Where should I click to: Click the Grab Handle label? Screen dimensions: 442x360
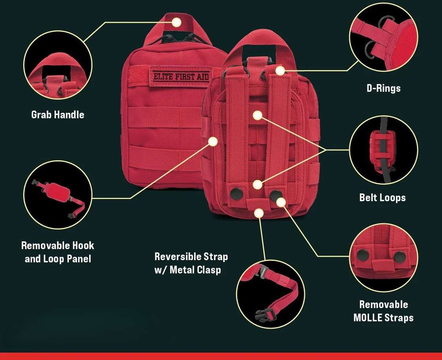[58, 114]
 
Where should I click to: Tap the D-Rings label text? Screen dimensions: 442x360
[383, 88]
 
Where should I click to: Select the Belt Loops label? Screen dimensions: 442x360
[383, 197]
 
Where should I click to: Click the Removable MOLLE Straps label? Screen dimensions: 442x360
[383, 311]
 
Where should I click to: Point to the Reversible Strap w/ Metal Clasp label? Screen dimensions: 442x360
[191, 263]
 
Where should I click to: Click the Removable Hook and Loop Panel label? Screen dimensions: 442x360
[58, 252]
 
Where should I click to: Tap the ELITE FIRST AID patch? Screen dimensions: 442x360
[180, 76]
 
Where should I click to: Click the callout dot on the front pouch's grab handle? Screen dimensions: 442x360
[177, 22]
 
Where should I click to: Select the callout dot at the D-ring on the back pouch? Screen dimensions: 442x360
[280, 71]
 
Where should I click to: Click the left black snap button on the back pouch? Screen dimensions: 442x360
[236, 193]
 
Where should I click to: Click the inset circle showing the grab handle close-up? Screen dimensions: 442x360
[58, 65]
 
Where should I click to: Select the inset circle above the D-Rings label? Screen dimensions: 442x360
[383, 37]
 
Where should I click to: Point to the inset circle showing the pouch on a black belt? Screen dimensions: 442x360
[383, 150]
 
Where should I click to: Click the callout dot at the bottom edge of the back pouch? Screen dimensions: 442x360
[259, 213]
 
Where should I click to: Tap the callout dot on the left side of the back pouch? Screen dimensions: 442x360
[213, 141]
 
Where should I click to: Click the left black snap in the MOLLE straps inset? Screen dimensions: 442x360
[363, 255]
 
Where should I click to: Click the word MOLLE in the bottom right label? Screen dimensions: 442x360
[368, 318]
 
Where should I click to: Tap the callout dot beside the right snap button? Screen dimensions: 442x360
[281, 202]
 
